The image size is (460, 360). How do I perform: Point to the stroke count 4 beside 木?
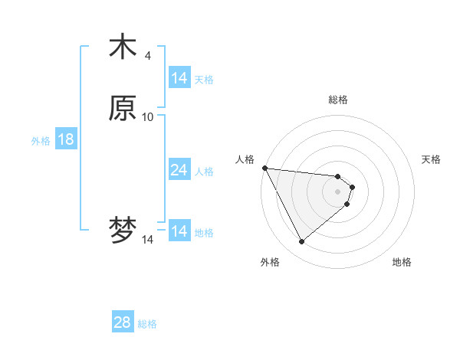tap(148, 55)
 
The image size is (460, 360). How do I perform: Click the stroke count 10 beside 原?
tap(148, 116)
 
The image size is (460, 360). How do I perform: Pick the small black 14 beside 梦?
tap(148, 240)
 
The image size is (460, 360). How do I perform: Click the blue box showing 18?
tap(65, 139)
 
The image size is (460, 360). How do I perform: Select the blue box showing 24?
tap(179, 170)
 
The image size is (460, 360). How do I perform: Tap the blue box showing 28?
tap(122, 322)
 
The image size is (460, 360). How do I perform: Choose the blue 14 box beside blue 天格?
tap(179, 78)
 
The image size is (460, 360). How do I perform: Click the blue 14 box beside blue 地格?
tap(179, 231)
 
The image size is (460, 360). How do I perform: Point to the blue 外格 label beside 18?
tap(41, 141)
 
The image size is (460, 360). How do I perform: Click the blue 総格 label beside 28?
tap(147, 324)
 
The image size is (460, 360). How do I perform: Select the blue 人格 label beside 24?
tap(204, 172)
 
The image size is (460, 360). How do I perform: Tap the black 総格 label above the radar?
tap(338, 100)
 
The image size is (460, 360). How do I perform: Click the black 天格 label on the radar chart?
tap(431, 159)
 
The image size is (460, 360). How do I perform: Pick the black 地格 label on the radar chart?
tap(402, 262)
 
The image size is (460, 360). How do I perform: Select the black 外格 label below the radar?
tap(270, 262)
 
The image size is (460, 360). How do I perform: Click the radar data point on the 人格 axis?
tap(264, 168)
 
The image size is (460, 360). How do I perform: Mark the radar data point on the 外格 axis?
tap(301, 242)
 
